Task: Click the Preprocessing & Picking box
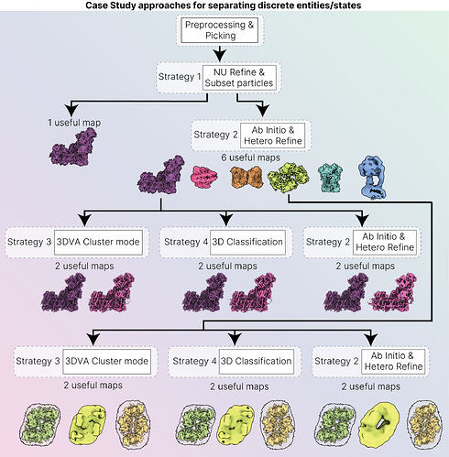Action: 219,30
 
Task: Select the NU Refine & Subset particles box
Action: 239,78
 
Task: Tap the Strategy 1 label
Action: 180,76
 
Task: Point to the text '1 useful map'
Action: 74,123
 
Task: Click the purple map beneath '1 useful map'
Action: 73,147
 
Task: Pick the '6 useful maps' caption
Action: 250,158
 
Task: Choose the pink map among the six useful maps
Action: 204,177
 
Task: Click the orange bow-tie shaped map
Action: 246,177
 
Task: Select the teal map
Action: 330,178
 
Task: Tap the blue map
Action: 372,177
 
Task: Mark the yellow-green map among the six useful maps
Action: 289,177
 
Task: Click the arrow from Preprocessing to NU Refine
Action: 220,54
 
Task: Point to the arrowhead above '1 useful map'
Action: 71,110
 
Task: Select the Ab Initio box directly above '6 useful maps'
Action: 272,136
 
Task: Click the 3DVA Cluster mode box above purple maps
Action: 98,243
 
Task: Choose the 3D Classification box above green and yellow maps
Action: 257,362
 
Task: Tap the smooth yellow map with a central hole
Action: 379,424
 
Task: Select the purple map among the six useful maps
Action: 161,176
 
